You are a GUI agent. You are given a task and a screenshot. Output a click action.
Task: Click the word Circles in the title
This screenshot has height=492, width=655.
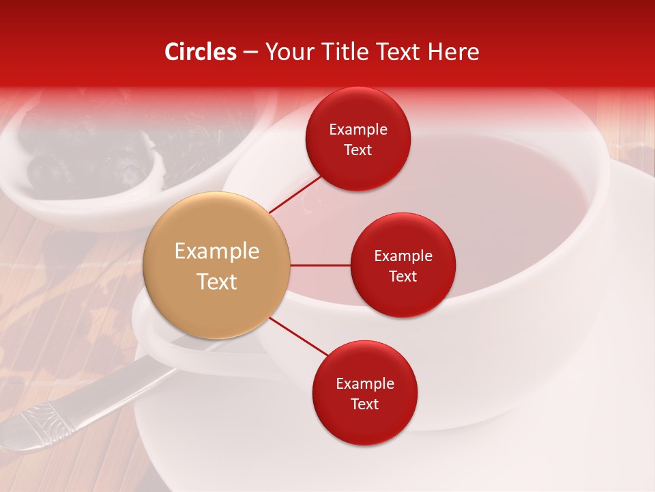click(201, 52)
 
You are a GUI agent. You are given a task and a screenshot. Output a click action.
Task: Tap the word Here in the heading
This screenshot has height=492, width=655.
click(454, 52)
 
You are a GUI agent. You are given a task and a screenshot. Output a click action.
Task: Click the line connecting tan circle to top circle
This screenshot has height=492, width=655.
click(295, 193)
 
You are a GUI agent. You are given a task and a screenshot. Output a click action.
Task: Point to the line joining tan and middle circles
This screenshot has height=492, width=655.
click(321, 265)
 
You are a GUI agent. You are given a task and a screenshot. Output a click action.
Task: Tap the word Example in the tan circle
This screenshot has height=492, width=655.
click(217, 251)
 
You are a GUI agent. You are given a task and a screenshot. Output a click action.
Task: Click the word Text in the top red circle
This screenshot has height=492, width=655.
click(358, 150)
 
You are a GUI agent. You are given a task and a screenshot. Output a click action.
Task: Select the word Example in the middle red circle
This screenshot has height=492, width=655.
click(403, 256)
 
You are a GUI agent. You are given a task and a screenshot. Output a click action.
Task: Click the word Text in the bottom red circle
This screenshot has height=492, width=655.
click(365, 404)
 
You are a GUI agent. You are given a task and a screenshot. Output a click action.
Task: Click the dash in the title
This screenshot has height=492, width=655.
click(250, 52)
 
